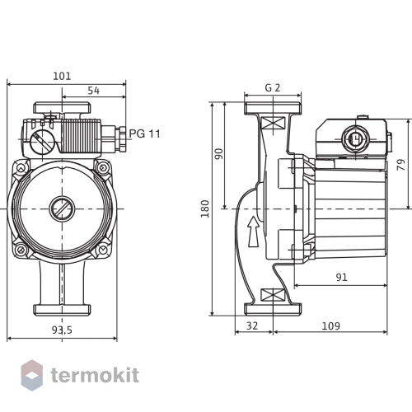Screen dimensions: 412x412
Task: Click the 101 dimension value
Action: [62, 76]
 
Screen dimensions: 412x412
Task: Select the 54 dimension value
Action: [94, 91]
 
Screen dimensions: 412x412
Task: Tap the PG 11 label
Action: [145, 133]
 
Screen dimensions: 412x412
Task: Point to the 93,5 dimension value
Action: [62, 330]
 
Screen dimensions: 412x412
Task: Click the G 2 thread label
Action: [273, 88]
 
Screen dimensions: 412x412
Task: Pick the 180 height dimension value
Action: [205, 209]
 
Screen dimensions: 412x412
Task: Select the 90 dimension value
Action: [219, 154]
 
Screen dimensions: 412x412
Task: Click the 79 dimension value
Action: [401, 165]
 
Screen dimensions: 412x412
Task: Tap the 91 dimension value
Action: [341, 278]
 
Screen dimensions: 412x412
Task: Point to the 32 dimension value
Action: [252, 326]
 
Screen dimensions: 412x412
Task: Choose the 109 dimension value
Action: [330, 326]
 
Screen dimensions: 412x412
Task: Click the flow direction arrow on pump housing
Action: [253, 232]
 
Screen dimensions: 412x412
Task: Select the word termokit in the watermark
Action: [95, 375]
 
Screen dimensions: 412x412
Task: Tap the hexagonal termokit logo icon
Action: [32, 375]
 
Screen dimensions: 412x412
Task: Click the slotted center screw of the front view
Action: [62, 208]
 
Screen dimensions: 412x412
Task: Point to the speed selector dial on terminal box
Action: [42, 143]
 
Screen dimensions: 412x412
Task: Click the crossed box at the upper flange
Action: [273, 123]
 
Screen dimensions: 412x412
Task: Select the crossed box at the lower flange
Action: [273, 295]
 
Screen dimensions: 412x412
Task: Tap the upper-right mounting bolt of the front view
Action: [102, 167]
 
